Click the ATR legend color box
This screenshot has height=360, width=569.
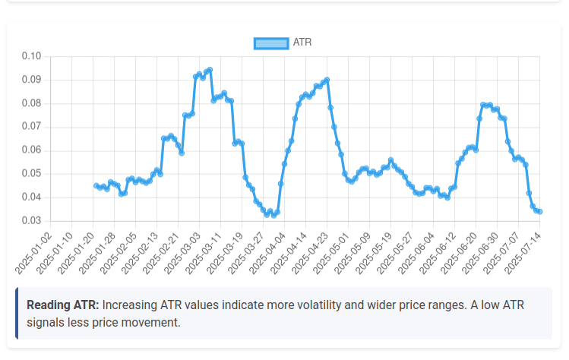click(x=270, y=43)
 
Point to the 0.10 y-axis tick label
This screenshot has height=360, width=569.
click(x=31, y=56)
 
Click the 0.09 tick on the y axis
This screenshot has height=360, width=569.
click(x=31, y=80)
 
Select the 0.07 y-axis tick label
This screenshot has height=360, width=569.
click(x=31, y=127)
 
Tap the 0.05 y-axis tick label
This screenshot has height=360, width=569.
click(x=31, y=174)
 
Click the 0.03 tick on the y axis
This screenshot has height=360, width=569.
click(x=31, y=221)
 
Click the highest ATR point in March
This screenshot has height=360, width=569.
click(x=210, y=70)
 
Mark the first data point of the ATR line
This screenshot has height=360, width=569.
click(x=96, y=185)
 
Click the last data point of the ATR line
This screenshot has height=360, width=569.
click(x=539, y=211)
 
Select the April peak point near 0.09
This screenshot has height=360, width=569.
click(x=327, y=80)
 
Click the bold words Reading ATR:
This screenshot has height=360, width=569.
click(x=62, y=305)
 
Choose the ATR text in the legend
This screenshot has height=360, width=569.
click(x=302, y=43)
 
